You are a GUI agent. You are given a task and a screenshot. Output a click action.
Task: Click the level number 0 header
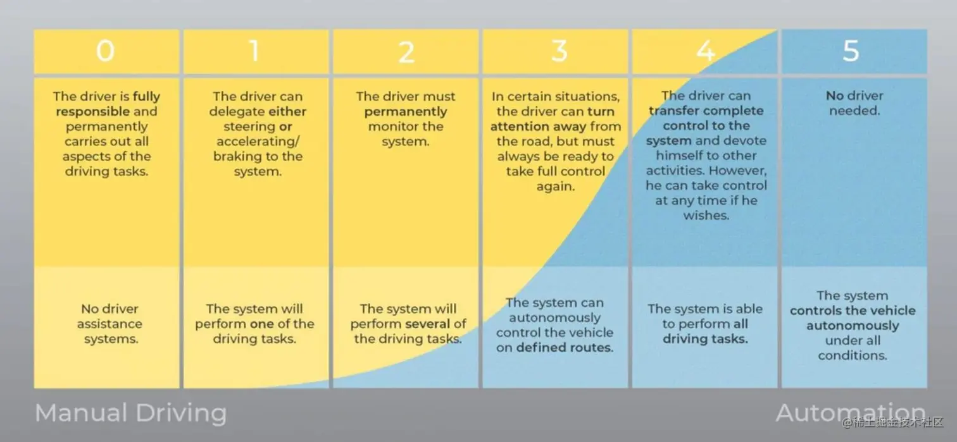point(106,51)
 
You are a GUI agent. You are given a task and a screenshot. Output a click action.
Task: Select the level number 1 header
point(255,51)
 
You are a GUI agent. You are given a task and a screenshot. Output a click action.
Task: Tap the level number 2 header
point(406,52)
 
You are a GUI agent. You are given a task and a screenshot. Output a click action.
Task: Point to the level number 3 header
point(558,51)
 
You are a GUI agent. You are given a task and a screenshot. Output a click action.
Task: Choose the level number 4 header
point(706,51)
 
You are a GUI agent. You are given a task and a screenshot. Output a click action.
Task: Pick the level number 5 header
point(851,51)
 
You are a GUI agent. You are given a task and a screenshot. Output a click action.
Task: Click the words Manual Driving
point(130,413)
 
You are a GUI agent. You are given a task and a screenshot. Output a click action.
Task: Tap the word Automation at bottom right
point(851,413)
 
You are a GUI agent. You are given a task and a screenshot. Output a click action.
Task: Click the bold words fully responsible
point(108,104)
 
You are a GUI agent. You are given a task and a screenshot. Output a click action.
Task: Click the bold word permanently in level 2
point(405,112)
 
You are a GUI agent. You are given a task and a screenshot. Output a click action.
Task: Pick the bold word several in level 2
point(427,324)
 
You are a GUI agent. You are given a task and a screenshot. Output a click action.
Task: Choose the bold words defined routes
point(565,348)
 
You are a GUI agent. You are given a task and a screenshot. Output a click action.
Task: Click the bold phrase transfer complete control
point(706,118)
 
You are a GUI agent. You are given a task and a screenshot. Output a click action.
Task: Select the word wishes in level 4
point(706,216)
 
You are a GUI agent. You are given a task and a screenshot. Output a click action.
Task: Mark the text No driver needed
point(854,103)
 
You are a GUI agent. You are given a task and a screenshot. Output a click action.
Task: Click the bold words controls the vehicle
point(853,310)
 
